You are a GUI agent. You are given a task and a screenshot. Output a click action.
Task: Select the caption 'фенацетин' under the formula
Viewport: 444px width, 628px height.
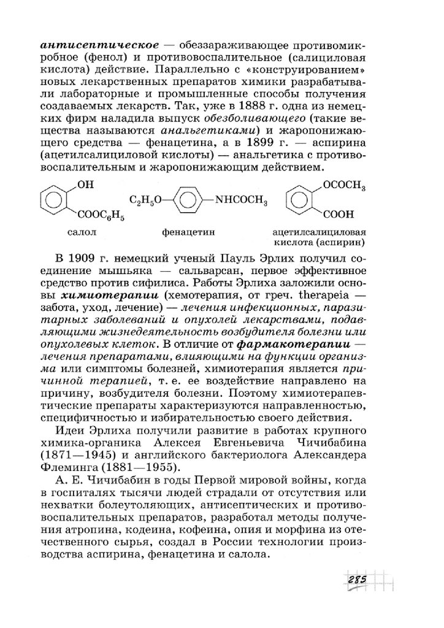(185, 232)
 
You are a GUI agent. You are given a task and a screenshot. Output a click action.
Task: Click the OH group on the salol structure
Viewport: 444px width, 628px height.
(85, 184)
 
